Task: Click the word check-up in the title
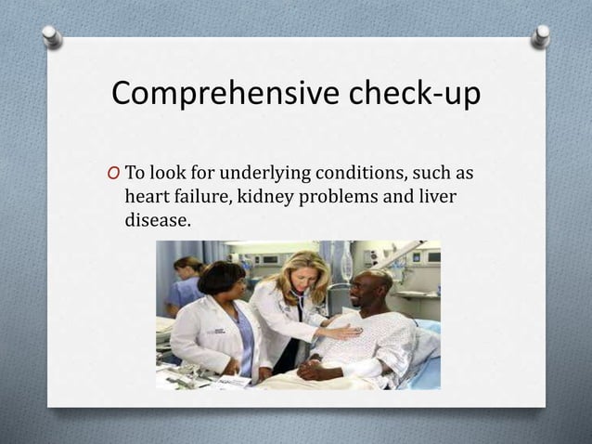pos(411,95)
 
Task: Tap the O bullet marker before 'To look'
pos(113,174)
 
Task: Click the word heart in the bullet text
pos(147,197)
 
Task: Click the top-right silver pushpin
pos(540,35)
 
